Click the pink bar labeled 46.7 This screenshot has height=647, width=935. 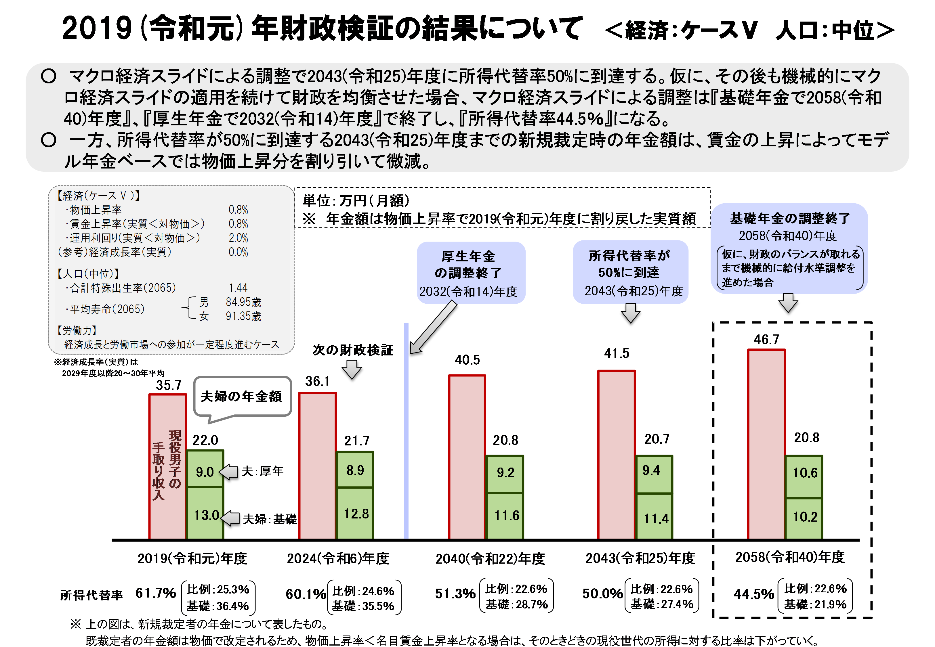coord(766,444)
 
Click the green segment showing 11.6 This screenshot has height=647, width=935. coord(505,516)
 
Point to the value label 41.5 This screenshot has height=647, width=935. coord(616,353)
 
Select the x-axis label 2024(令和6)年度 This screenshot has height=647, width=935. coord(338,559)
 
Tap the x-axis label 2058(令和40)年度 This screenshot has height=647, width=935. coord(790,557)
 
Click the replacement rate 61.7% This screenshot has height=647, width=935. coord(156,594)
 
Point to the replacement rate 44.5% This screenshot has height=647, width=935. coord(754,594)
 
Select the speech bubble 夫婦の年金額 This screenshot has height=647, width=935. coord(242,396)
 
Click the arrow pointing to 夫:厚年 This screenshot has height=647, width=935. coord(229,472)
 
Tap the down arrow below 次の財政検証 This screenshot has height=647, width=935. coord(352,369)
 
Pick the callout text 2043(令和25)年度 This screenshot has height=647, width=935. coord(633,291)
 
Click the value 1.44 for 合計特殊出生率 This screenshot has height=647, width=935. coord(238,288)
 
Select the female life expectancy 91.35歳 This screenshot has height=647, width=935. coord(243,316)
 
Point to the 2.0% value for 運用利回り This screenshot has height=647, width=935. coord(238,238)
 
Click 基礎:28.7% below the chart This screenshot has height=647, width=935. coord(517,604)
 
